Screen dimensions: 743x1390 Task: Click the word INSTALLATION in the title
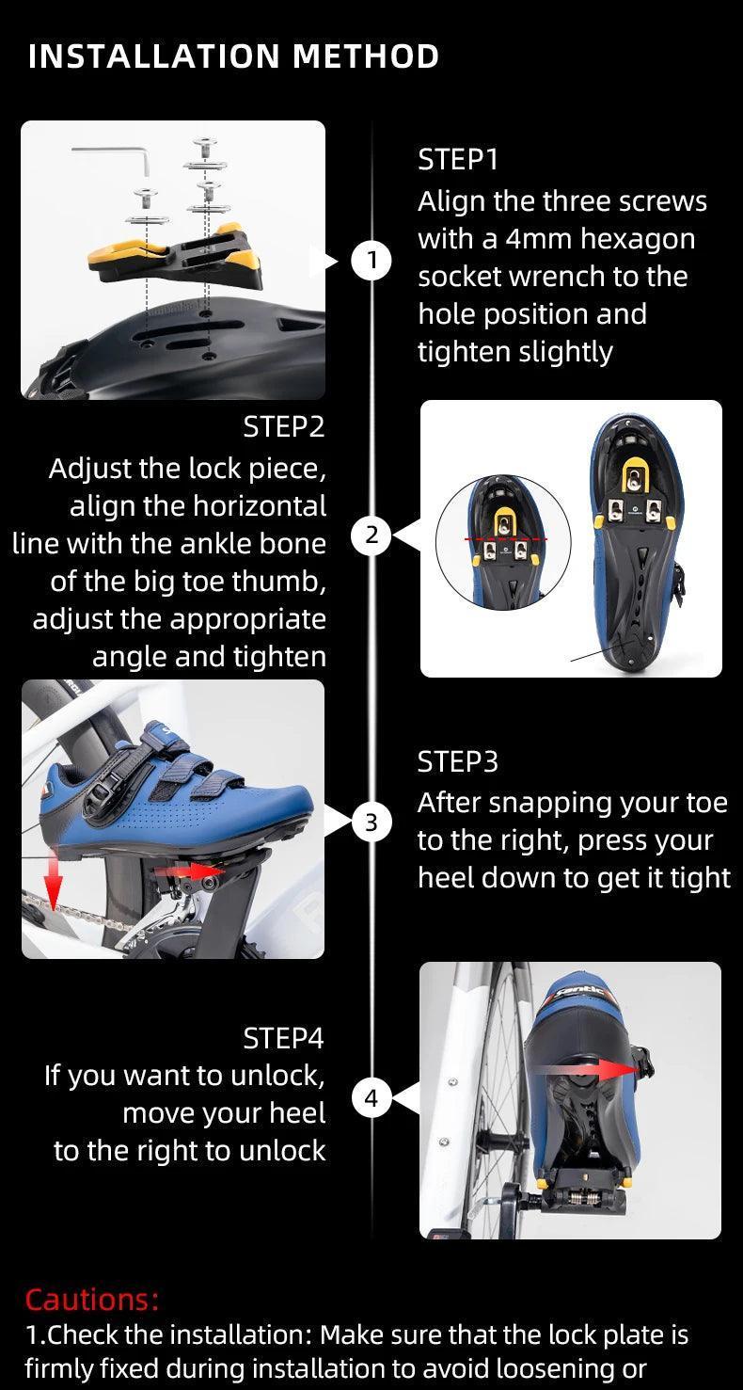click(154, 56)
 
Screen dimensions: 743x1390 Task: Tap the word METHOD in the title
click(366, 56)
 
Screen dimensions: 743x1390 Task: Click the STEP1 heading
click(458, 159)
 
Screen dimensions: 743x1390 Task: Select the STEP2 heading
click(283, 427)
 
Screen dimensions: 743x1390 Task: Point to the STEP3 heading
click(458, 761)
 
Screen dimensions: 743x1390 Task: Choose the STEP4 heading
click(283, 1038)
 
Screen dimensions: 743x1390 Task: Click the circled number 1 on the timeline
click(371, 261)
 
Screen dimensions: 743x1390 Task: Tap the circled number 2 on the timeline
click(371, 535)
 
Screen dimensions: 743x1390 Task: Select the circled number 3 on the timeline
click(371, 823)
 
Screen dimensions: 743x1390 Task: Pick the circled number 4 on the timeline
click(371, 1098)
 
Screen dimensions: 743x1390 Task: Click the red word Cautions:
click(92, 1299)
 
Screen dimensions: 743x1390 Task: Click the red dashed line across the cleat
click(506, 539)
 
